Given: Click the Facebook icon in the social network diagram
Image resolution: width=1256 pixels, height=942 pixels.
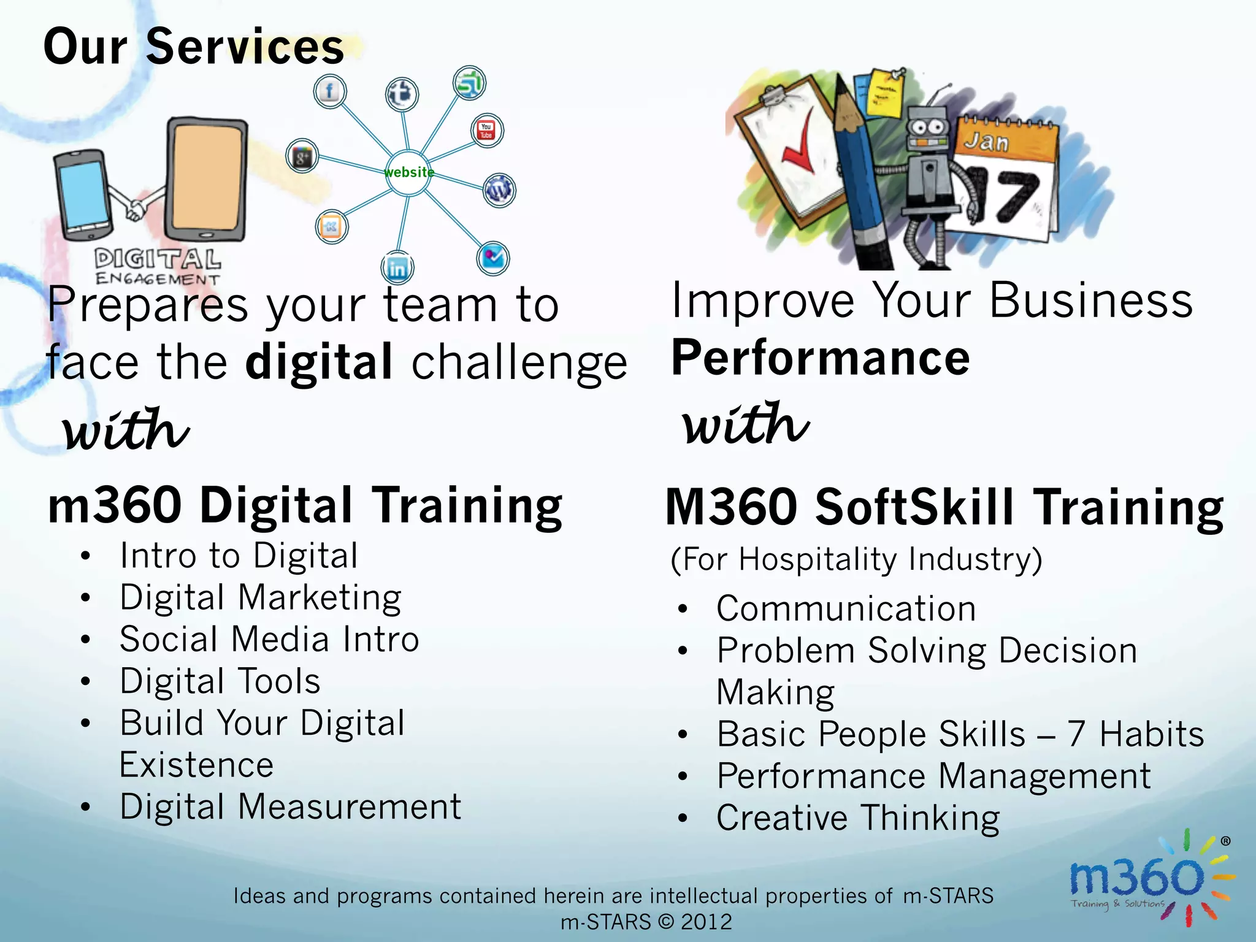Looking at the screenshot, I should click(x=330, y=92).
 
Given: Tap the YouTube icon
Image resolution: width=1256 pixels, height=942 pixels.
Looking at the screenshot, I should click(x=487, y=131).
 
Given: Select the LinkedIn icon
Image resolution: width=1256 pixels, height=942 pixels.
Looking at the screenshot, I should click(x=397, y=268).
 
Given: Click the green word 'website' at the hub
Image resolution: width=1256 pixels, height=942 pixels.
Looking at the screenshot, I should click(x=409, y=172).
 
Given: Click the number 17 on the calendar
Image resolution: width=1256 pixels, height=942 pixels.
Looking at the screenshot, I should click(x=1006, y=195).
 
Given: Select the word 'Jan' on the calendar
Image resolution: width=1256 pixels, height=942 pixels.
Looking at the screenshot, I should click(x=986, y=142).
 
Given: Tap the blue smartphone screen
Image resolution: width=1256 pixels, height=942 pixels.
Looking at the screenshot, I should click(x=82, y=194).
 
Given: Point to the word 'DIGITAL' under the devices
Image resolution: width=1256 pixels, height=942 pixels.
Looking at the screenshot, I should click(x=158, y=259).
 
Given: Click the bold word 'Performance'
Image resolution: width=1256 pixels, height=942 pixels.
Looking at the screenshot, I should click(x=821, y=358).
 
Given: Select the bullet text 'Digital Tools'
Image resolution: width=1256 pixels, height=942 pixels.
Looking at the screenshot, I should click(x=220, y=681).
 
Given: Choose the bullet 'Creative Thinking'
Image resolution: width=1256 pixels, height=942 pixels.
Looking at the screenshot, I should click(x=858, y=818).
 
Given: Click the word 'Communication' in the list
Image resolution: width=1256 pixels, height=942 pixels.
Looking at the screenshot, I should click(x=846, y=609).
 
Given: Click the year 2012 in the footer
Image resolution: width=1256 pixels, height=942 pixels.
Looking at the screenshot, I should click(x=706, y=922).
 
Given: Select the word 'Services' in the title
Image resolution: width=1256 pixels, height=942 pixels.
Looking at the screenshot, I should click(x=245, y=47).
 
